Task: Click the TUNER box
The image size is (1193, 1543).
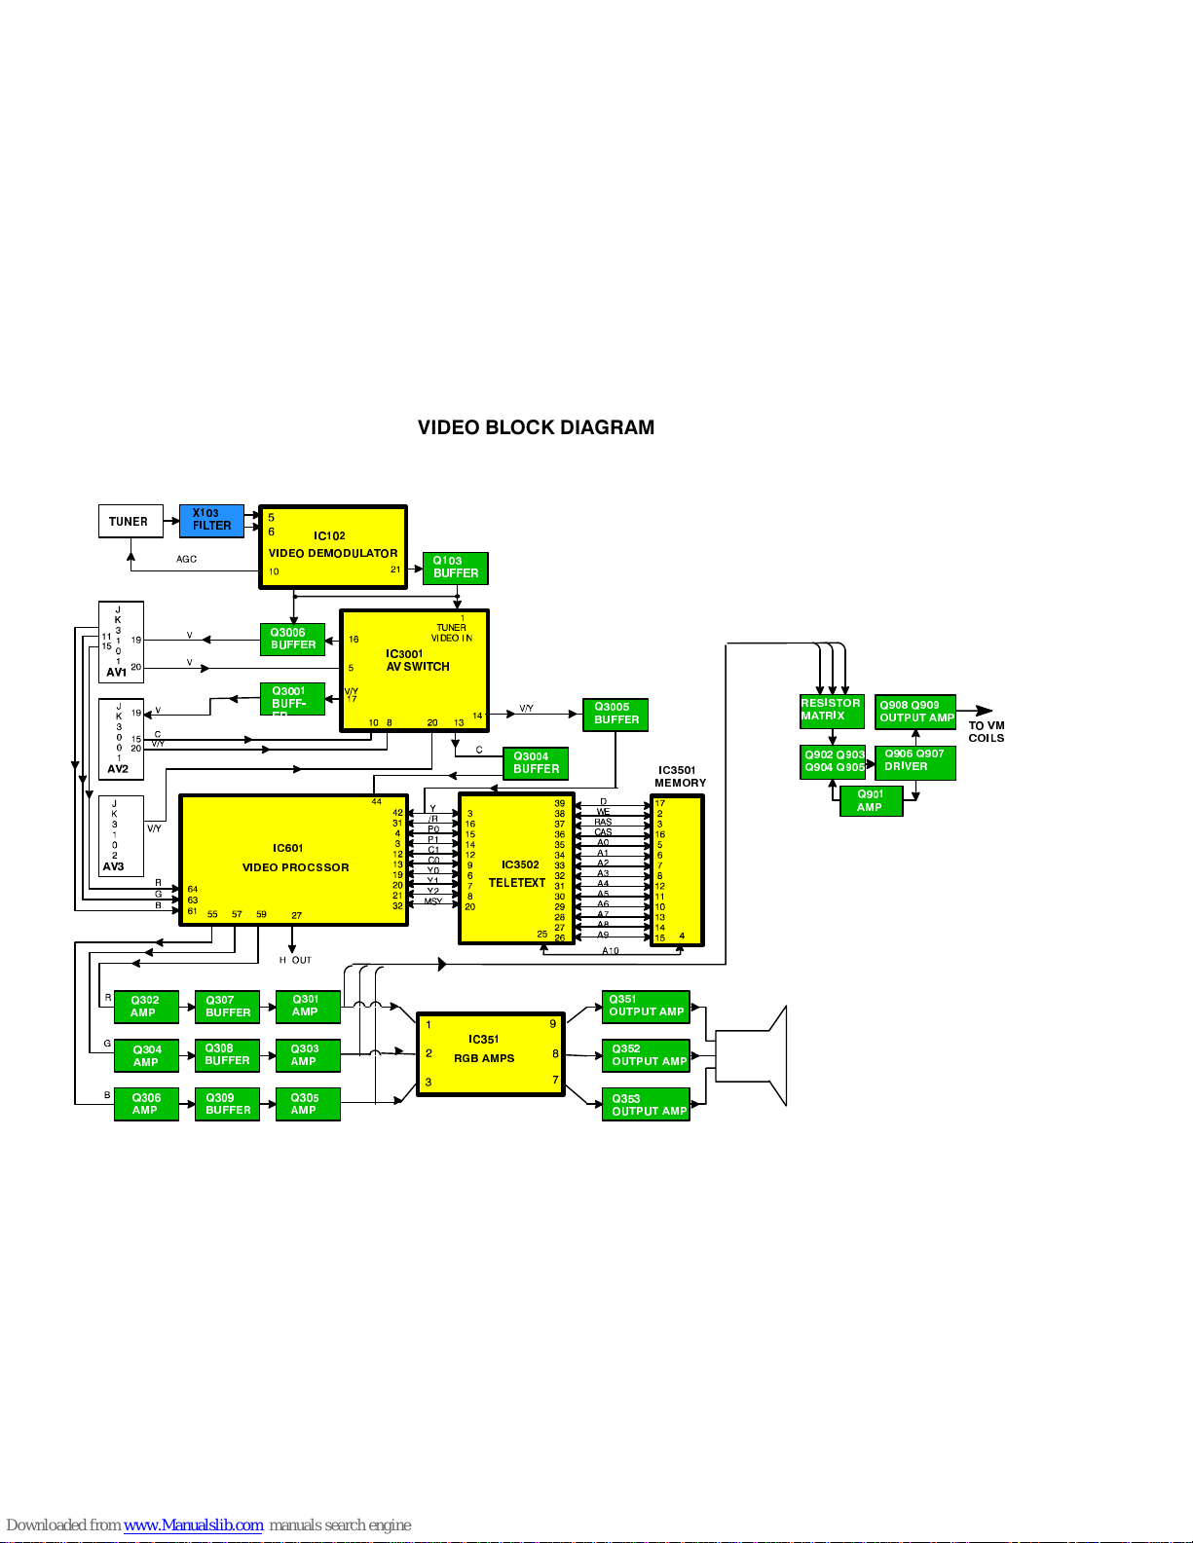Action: coord(130,522)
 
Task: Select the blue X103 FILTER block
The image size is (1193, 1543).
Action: coord(211,521)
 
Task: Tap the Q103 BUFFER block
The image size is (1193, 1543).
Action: coord(455,568)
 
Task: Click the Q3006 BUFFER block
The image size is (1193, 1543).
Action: coord(292,639)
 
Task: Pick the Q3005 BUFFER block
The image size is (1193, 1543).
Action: coord(615,714)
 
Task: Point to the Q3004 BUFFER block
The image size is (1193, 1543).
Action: coord(536,763)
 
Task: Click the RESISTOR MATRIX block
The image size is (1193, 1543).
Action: coord(831,711)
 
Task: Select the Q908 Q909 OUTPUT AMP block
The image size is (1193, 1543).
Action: coord(915,712)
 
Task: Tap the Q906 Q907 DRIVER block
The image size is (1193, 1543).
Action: coord(914,761)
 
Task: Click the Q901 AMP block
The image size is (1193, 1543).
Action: coord(871,800)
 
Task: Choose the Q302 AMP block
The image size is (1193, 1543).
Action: coord(146,1007)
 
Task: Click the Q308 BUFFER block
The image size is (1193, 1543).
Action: coord(227,1055)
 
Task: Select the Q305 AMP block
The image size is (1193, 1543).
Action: coord(307,1104)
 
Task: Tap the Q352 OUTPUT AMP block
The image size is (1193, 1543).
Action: coord(646,1055)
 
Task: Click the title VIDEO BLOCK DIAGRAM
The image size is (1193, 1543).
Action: coord(536,427)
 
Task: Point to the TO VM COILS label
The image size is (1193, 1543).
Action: coord(986,731)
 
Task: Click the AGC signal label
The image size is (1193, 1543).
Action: coord(186,559)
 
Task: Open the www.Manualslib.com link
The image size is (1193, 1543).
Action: coord(194,1525)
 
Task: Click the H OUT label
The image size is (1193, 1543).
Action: coord(295,960)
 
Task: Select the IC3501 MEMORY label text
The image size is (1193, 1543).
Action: coord(680,776)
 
